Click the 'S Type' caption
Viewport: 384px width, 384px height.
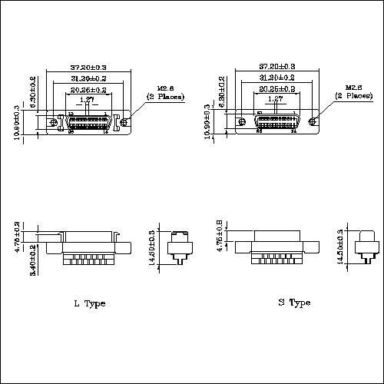pyautogui.click(x=294, y=303)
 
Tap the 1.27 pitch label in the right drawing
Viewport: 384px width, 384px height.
pyautogui.click(x=273, y=100)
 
